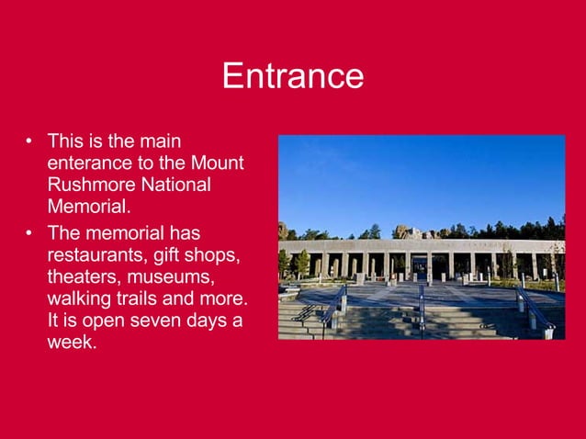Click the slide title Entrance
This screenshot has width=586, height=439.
pyautogui.click(x=292, y=75)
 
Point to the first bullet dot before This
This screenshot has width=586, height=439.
pyautogui.click(x=29, y=141)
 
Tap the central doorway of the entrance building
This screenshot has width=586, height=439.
pyautogui.click(x=420, y=268)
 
